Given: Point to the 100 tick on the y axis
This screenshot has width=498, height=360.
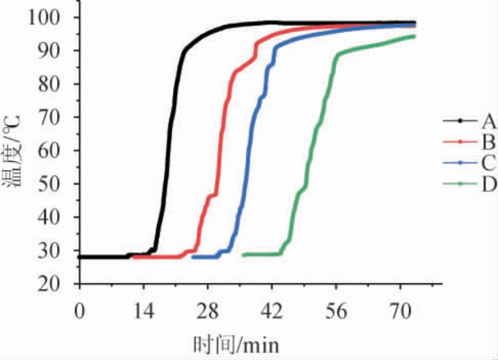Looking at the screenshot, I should [x=58, y=17].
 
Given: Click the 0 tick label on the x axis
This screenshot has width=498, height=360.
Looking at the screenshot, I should [x=80, y=310].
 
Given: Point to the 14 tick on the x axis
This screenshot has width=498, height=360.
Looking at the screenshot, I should [x=143, y=310].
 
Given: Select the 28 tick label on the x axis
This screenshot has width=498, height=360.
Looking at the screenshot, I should [x=208, y=310].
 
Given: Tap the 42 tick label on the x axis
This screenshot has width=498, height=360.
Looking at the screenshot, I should [x=272, y=310].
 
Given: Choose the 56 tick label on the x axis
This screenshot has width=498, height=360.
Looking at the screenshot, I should [x=336, y=310].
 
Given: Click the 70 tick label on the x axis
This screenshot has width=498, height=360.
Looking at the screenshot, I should [x=400, y=310].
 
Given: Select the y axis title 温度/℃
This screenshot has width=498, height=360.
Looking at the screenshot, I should [x=15, y=152].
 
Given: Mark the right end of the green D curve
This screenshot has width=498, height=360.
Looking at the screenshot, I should [x=414, y=36].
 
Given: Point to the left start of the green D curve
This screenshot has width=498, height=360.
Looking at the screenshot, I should [x=243, y=255].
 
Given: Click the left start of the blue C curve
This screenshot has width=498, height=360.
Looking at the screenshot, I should [x=193, y=257].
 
